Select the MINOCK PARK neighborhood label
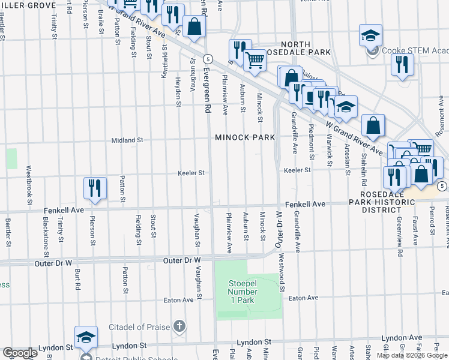[245, 137]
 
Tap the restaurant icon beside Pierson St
[95, 188]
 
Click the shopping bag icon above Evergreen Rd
[194, 28]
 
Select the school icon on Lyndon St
[86, 337]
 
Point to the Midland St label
[127, 140]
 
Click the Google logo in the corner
[20, 353]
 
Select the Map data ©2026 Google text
[412, 355]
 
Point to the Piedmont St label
[312, 143]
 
